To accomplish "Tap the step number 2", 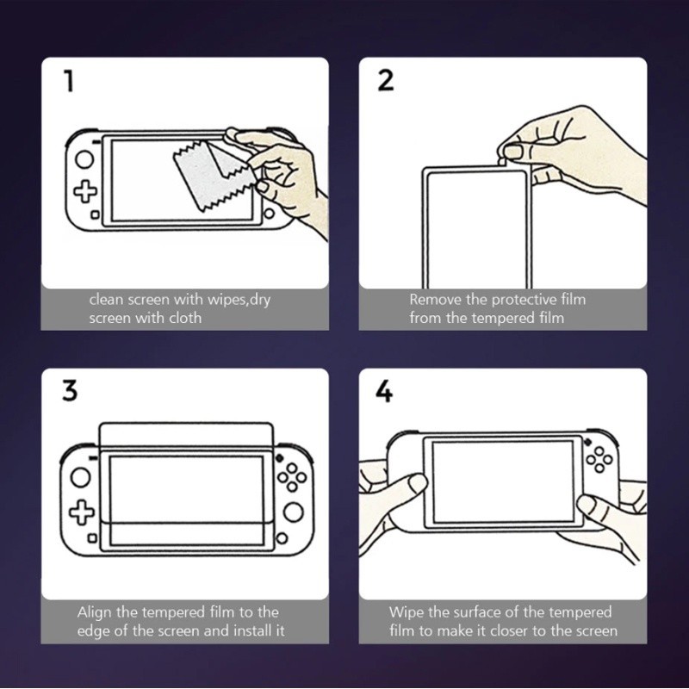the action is pyautogui.click(x=385, y=81).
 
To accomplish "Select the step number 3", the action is pyautogui.click(x=69, y=391).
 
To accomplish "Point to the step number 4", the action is pyautogui.click(x=384, y=391).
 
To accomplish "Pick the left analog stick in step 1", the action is pyautogui.click(x=84, y=160).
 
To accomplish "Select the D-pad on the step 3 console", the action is pyautogui.click(x=81, y=512).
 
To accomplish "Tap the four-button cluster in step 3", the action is pyautogui.click(x=292, y=477).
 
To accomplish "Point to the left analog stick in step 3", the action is pyautogui.click(x=81, y=478).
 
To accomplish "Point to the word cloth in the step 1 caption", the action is pyautogui.click(x=185, y=318).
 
